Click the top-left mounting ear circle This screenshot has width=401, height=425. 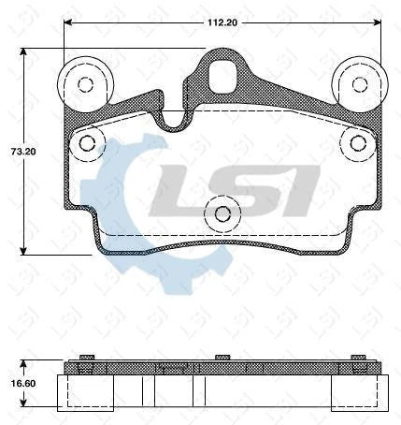[85, 84]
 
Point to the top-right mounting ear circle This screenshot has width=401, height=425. [360, 84]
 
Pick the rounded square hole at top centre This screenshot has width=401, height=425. [223, 77]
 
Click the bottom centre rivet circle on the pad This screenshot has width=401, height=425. [222, 213]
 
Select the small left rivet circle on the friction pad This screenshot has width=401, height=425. [88, 142]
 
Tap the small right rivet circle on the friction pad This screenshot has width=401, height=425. [357, 142]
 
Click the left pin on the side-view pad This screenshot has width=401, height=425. [85, 359]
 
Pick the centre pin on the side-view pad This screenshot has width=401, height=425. [222, 359]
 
